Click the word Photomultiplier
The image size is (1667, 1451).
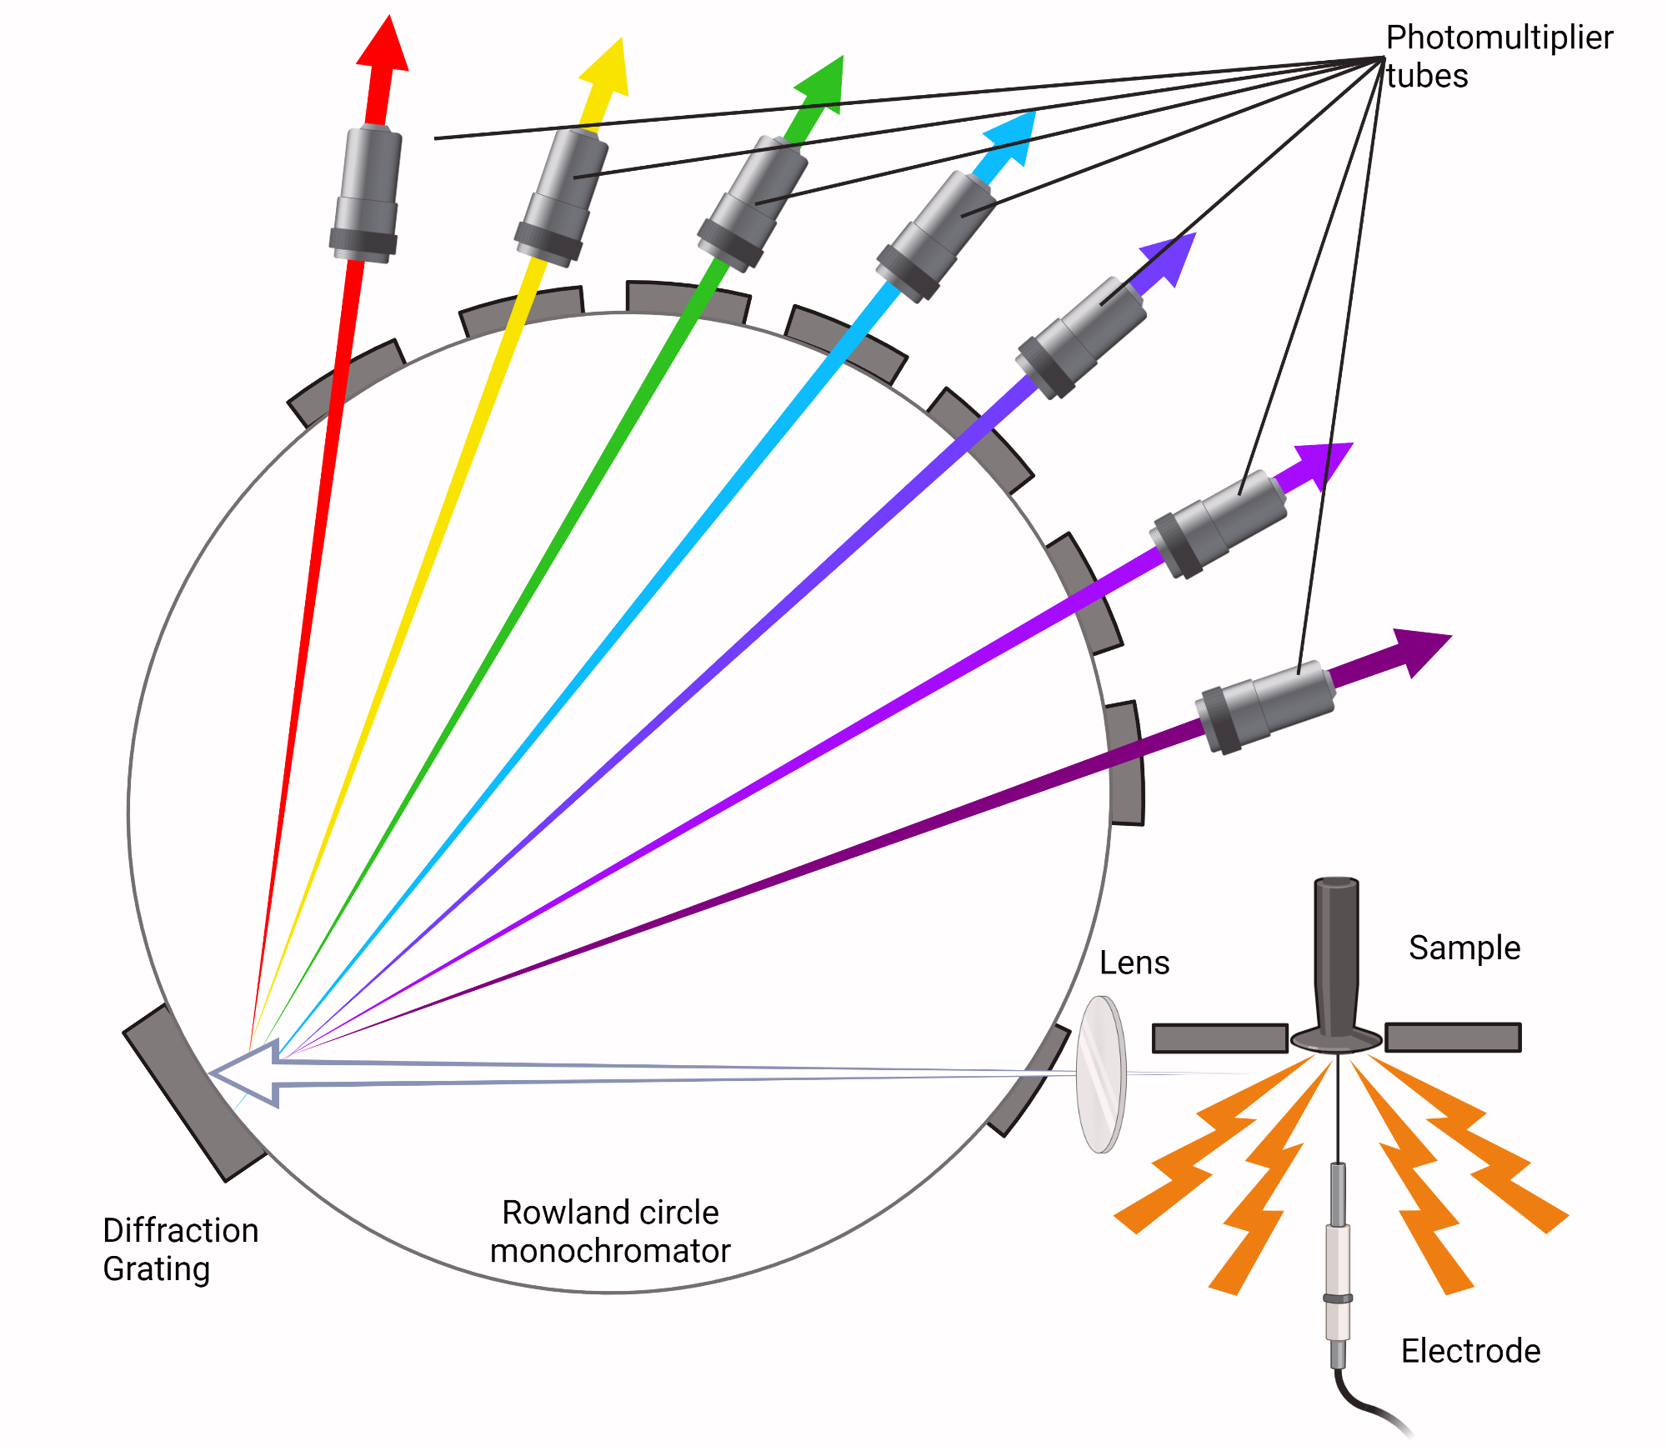click(x=1499, y=38)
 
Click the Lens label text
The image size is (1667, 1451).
click(x=1134, y=963)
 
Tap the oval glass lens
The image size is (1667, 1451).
click(x=1100, y=1074)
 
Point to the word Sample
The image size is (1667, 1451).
click(x=1464, y=948)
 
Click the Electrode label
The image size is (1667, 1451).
click(x=1470, y=1351)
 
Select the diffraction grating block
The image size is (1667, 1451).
click(x=194, y=1093)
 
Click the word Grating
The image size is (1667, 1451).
click(x=156, y=1269)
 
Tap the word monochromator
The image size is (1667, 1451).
click(x=609, y=1251)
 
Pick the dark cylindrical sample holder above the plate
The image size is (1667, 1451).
click(x=1336, y=958)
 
